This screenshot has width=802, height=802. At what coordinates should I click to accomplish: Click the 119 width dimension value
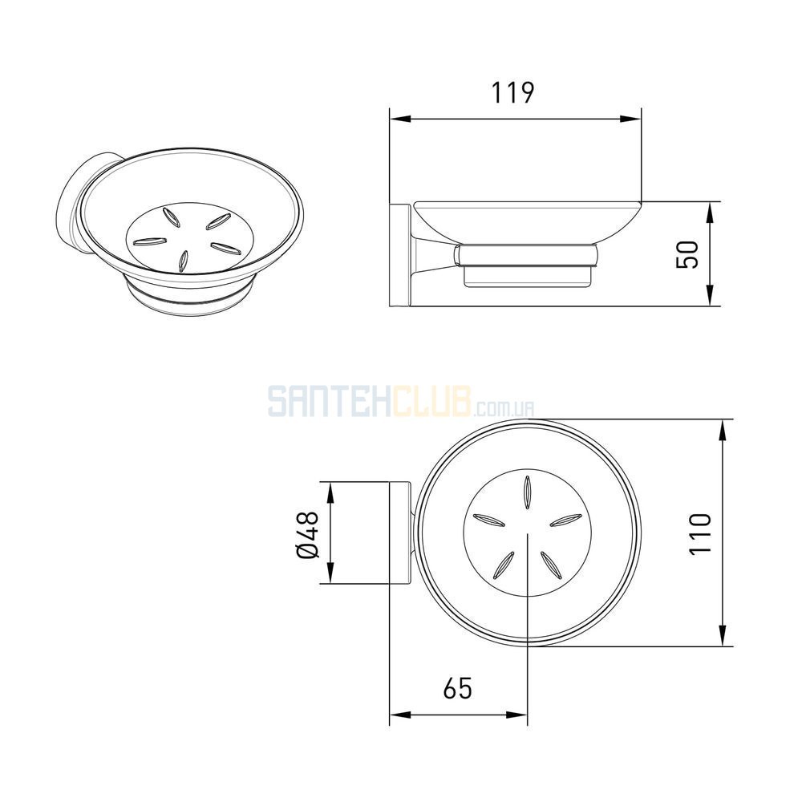512,92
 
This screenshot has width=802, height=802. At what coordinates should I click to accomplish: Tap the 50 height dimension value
687,254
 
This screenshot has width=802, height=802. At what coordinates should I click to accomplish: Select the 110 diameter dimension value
700,533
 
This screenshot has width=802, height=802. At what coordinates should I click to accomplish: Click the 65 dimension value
457,688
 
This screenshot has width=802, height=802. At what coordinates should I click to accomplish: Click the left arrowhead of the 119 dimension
400,119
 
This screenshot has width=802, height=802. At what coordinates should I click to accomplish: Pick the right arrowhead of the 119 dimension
630,119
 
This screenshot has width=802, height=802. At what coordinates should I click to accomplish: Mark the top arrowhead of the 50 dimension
710,213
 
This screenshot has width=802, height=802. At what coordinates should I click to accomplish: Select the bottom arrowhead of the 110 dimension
723,635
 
